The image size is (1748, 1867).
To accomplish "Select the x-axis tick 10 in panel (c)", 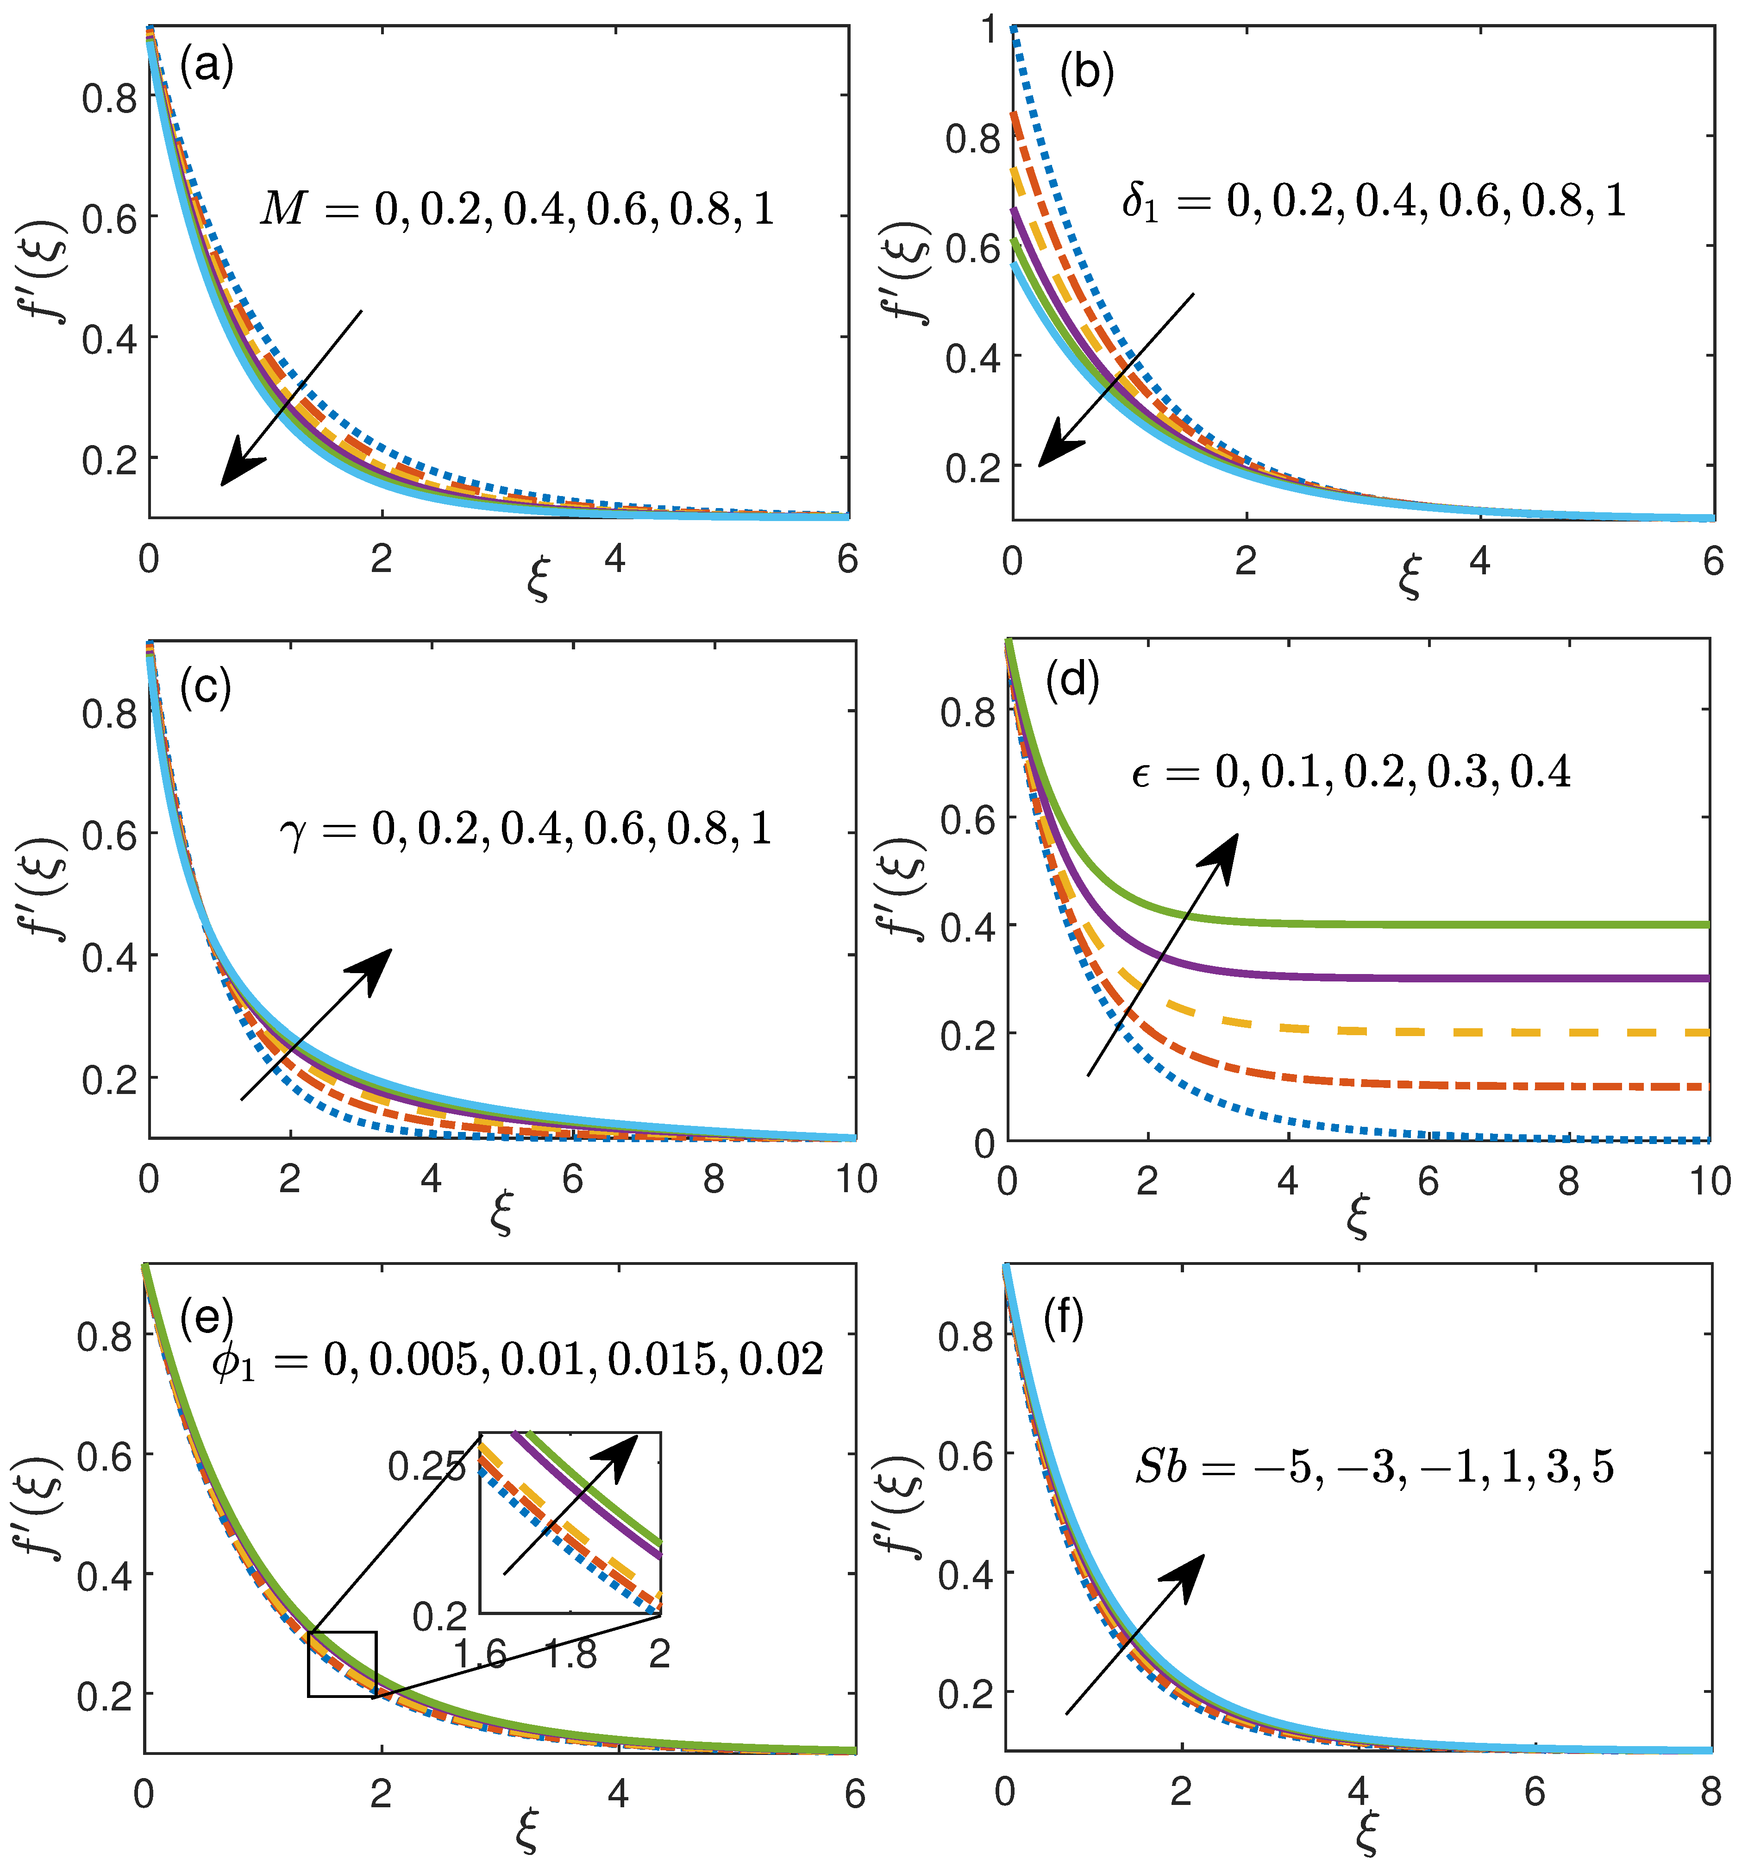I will click(x=856, y=1180).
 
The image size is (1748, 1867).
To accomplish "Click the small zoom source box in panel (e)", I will click(x=342, y=1664).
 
